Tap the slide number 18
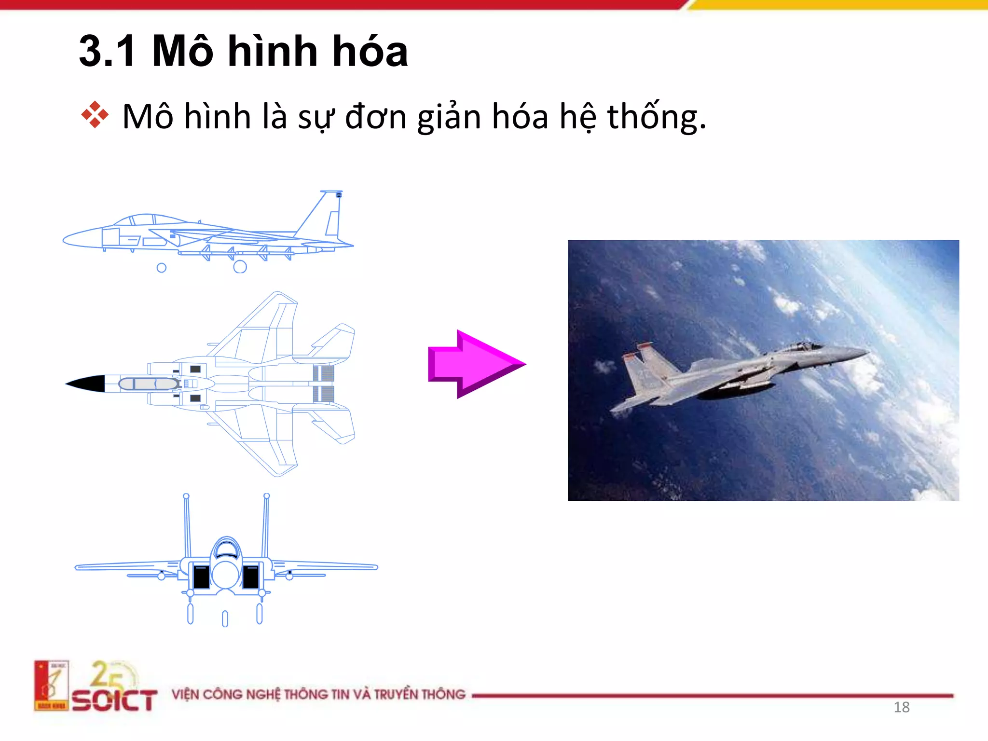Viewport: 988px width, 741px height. click(x=901, y=707)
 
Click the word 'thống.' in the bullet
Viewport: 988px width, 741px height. click(x=656, y=117)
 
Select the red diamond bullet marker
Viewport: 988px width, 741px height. click(x=95, y=115)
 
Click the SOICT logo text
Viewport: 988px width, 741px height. click(x=115, y=700)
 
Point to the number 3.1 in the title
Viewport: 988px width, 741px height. click(x=107, y=52)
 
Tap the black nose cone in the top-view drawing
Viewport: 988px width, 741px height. click(x=87, y=384)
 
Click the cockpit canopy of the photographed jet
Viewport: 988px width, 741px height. click(x=803, y=346)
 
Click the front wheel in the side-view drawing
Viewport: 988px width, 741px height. click(x=162, y=268)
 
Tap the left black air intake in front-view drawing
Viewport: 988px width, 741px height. click(x=201, y=576)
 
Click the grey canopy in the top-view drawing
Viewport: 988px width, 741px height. click(x=149, y=384)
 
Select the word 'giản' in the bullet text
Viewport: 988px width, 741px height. click(x=449, y=117)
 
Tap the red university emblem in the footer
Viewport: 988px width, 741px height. click(x=51, y=685)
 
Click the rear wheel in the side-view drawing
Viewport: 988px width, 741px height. click(x=240, y=267)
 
